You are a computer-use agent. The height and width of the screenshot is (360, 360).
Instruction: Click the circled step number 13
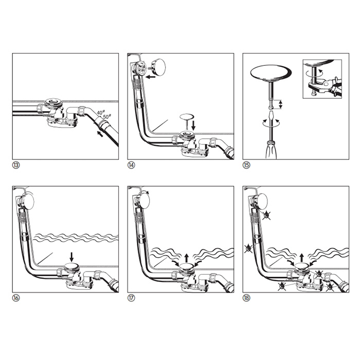pyautogui.click(x=16, y=165)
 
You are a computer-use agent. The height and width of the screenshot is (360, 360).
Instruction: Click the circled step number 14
pyautogui.click(x=131, y=165)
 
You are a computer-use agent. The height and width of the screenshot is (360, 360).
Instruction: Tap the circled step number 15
pyautogui.click(x=246, y=165)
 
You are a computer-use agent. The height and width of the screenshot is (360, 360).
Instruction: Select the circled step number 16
pyautogui.click(x=16, y=298)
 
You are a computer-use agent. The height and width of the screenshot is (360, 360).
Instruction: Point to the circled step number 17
pyautogui.click(x=131, y=298)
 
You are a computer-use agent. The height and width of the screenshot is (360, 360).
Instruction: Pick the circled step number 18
pyautogui.click(x=246, y=298)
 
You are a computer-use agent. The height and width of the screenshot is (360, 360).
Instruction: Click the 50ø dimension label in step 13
pyautogui.click(x=107, y=116)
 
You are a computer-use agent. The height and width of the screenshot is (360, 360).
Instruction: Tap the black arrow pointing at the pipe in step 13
pyautogui.click(x=100, y=133)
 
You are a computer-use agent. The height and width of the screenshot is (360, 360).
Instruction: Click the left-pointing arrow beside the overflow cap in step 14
pyautogui.click(x=151, y=77)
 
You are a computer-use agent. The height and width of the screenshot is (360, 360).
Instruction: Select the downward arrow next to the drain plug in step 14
pyautogui.click(x=193, y=125)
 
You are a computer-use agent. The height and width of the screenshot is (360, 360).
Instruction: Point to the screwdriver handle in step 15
pyautogui.click(x=271, y=150)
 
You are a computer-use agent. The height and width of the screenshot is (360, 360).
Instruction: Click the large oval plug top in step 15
pyautogui.click(x=271, y=73)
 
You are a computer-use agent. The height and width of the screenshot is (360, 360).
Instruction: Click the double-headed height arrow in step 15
pyautogui.click(x=280, y=104)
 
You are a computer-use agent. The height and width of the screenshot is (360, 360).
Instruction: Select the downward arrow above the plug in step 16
pyautogui.click(x=71, y=257)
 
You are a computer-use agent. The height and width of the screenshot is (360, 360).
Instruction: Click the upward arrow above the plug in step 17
pyautogui.click(x=187, y=258)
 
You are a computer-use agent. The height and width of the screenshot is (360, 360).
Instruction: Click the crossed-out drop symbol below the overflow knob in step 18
pyautogui.click(x=266, y=215)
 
